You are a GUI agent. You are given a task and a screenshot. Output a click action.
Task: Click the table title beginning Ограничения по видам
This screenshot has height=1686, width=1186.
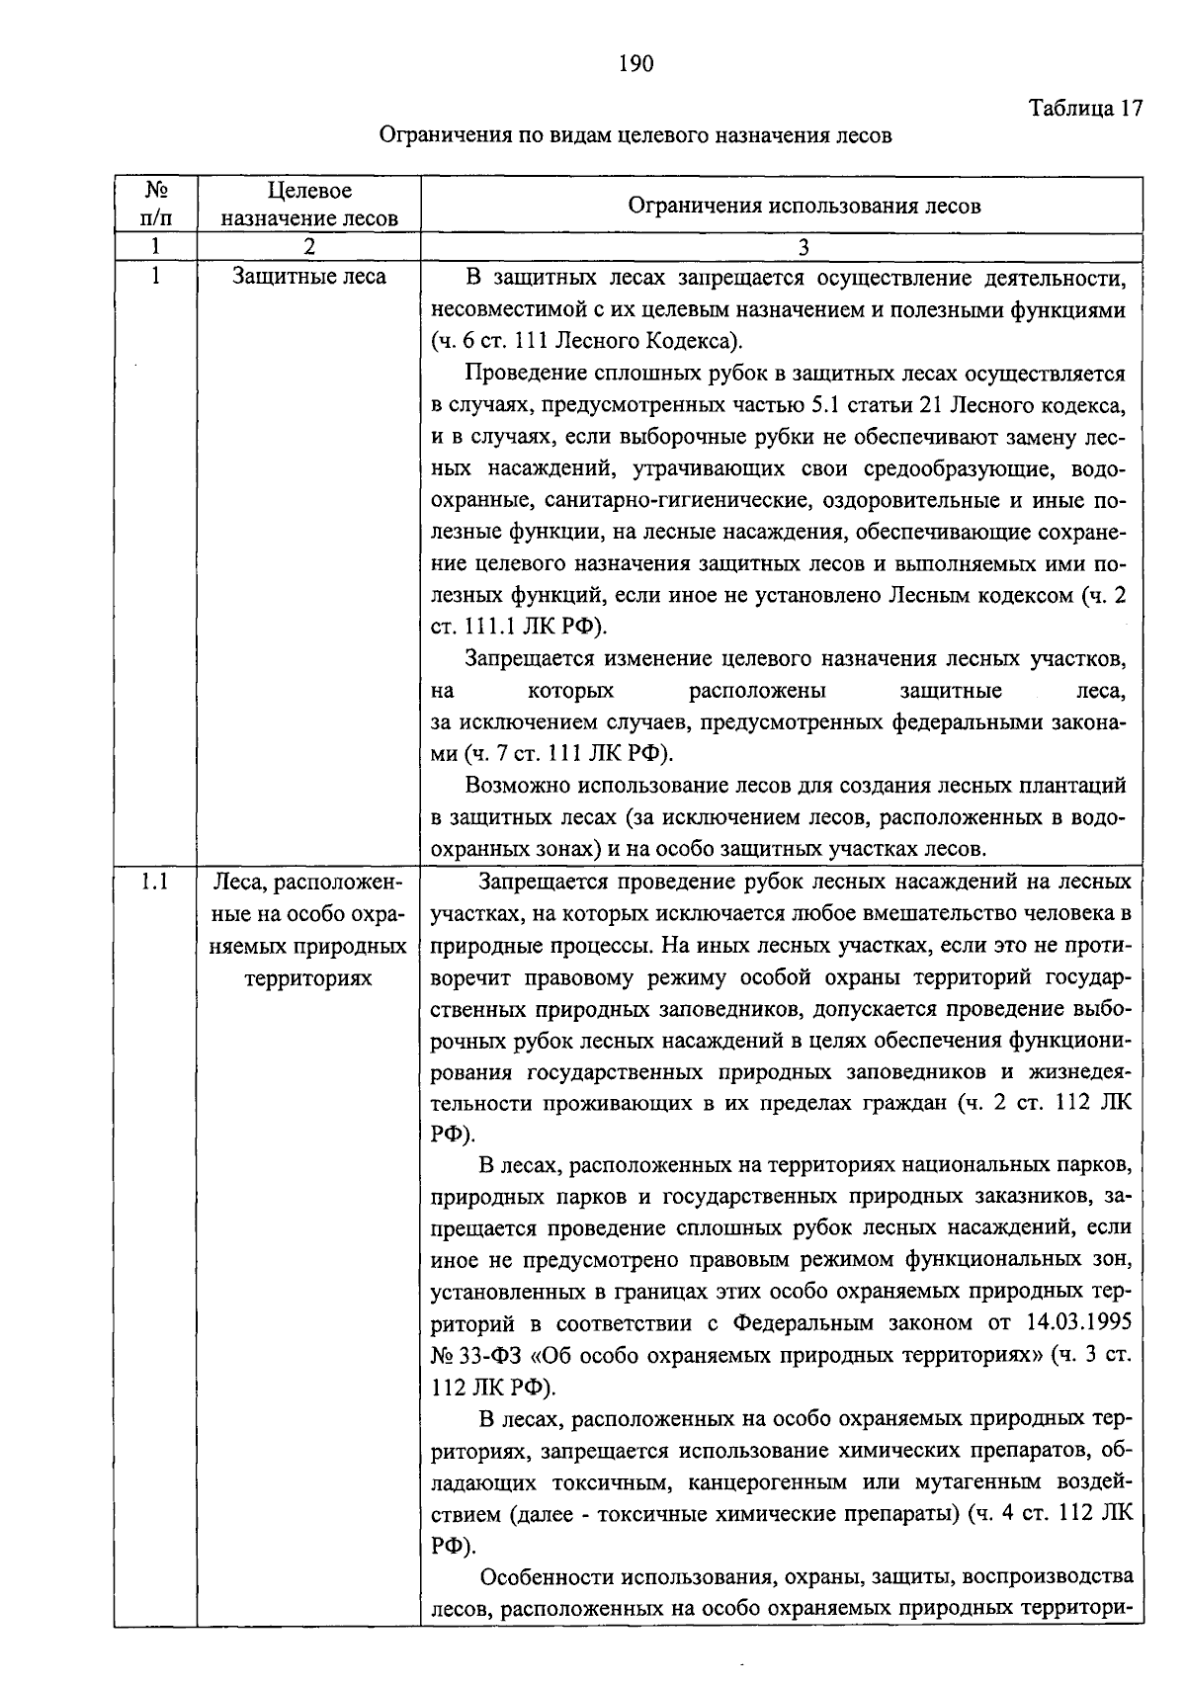click(x=636, y=135)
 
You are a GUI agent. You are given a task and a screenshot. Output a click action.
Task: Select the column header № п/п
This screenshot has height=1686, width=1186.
click(x=154, y=205)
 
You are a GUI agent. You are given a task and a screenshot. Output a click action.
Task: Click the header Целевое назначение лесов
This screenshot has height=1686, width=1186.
click(x=309, y=205)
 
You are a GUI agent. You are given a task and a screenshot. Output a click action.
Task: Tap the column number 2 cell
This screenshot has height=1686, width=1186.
click(x=309, y=247)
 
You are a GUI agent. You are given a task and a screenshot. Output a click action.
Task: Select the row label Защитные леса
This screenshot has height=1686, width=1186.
click(x=309, y=277)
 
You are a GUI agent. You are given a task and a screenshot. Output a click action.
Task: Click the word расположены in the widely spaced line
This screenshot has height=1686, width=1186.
click(x=757, y=690)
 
